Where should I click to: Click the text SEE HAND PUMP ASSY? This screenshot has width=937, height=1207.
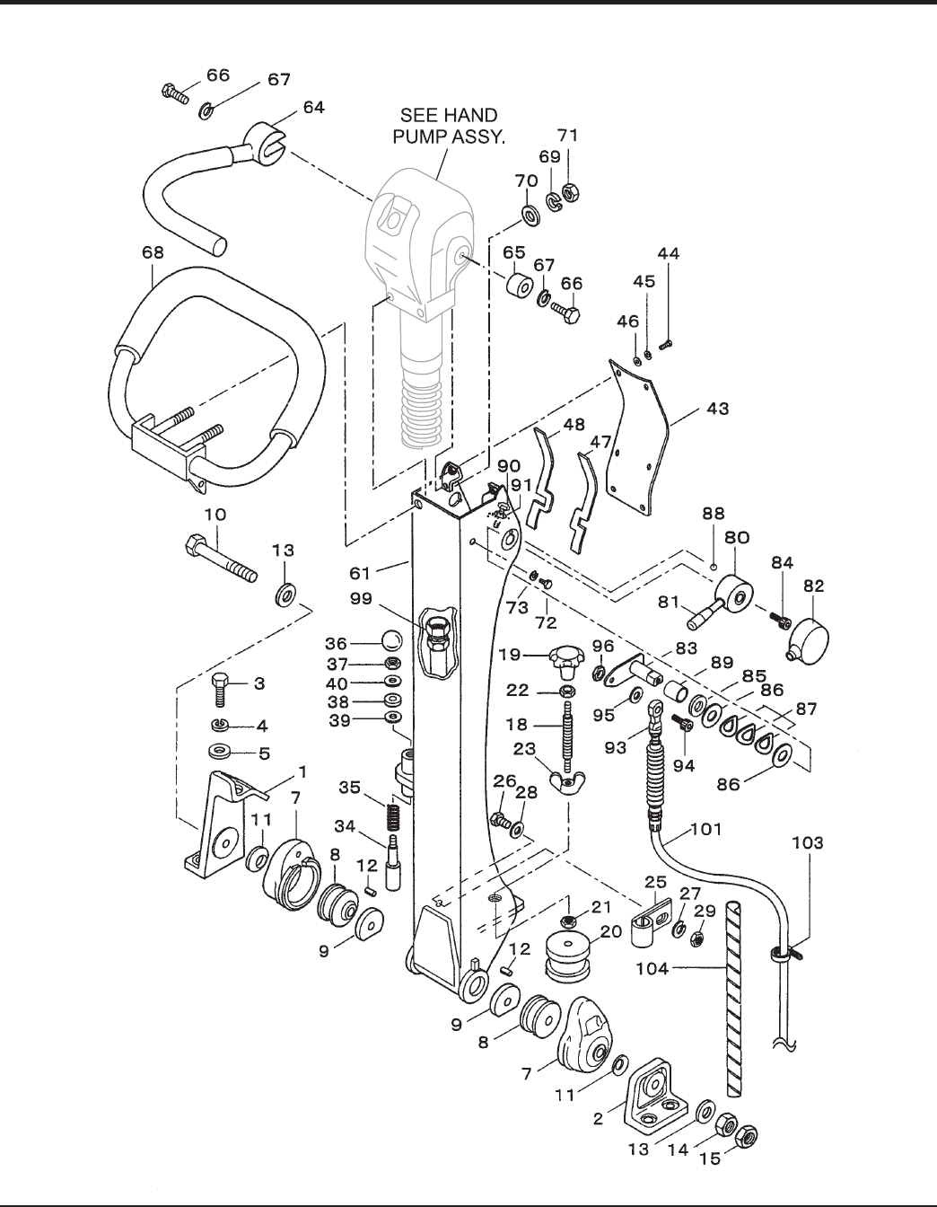pyautogui.click(x=449, y=126)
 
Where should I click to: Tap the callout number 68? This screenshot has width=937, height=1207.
pyautogui.click(x=153, y=252)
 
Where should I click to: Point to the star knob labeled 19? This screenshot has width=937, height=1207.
pyautogui.click(x=566, y=661)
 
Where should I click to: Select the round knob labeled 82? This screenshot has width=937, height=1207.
pyautogui.click(x=809, y=640)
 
